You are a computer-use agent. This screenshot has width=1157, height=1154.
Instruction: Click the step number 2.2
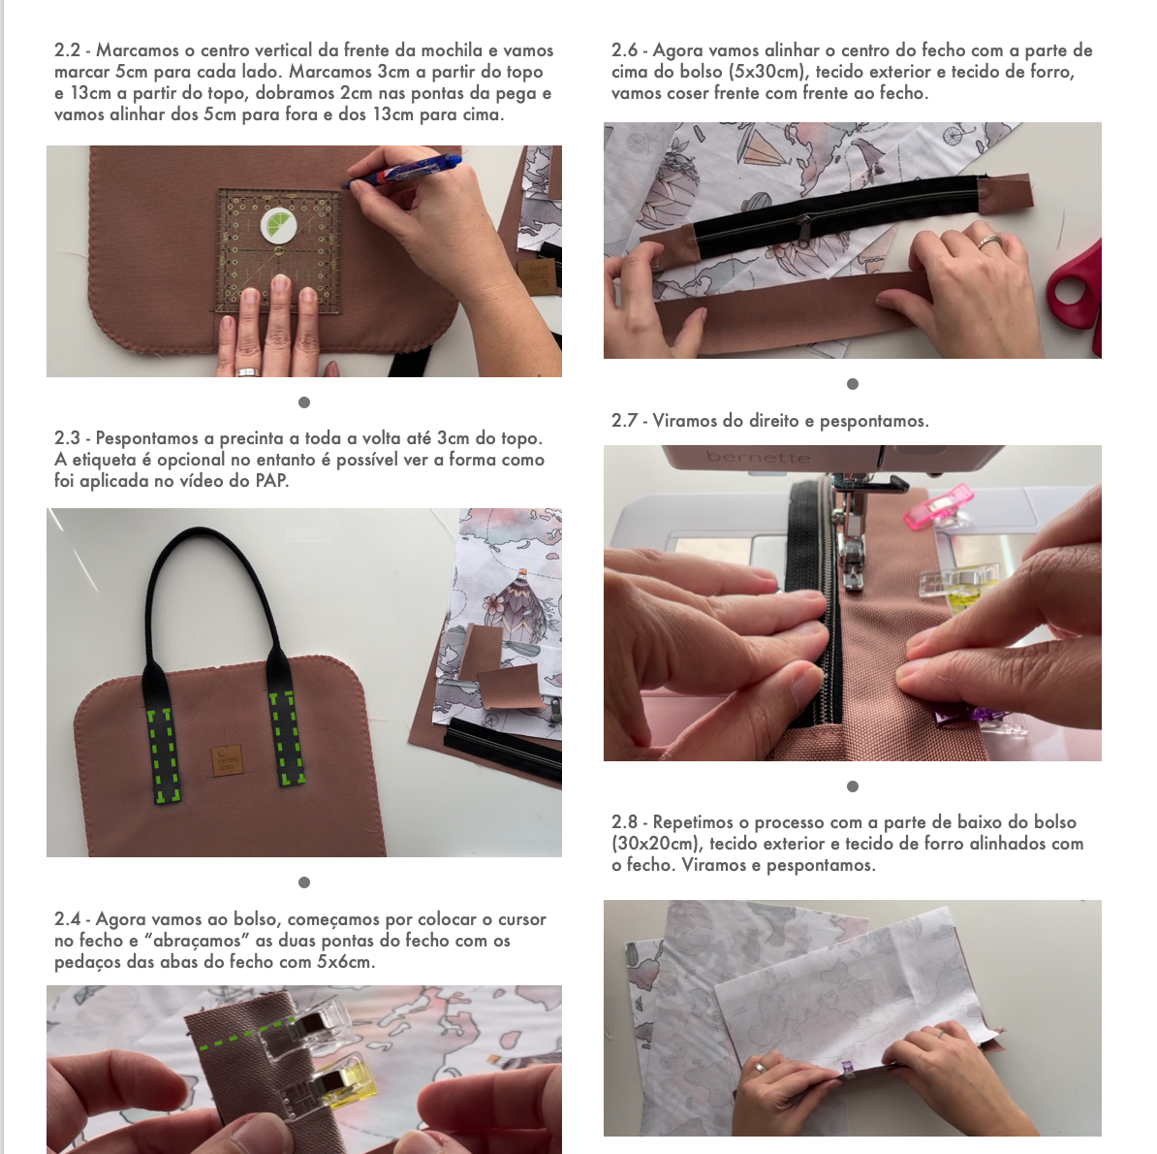[67, 50]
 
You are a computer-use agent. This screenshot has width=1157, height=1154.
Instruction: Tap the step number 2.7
[624, 421]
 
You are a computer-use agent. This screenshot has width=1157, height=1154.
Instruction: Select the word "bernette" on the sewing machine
[758, 457]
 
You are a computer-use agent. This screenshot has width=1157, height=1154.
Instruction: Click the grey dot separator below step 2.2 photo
[304, 402]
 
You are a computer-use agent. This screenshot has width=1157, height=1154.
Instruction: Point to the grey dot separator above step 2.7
[853, 384]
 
